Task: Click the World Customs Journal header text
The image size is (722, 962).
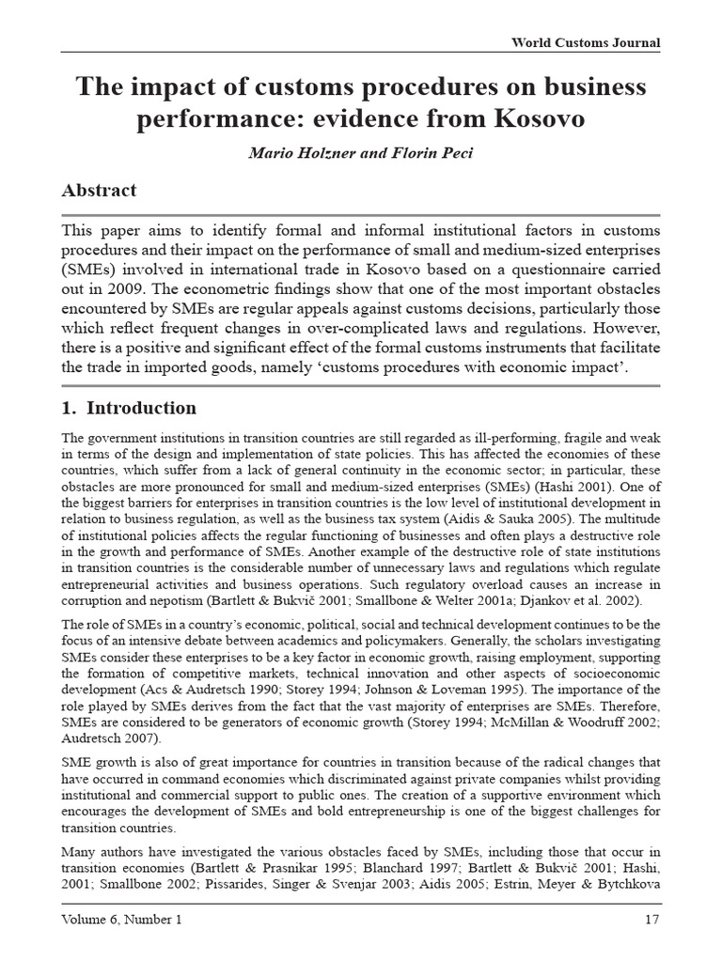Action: [585, 42]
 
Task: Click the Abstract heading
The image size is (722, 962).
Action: [99, 190]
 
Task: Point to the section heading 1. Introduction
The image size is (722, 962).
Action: [129, 408]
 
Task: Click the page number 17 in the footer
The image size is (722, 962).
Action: [651, 919]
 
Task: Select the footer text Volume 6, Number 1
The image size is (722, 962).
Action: [120, 919]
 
